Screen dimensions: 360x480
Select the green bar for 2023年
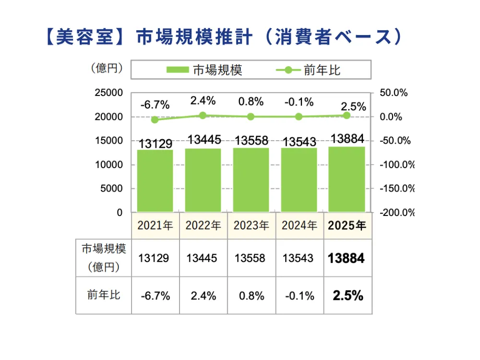(251, 180)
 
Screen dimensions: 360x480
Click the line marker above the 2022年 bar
(203, 115)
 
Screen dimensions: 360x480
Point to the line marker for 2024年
(299, 117)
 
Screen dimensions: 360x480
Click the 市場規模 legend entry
(204, 70)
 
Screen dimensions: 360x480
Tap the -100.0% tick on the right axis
(396, 165)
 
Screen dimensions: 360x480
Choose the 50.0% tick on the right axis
(394, 93)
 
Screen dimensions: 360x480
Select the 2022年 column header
(204, 226)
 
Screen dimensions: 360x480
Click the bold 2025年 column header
(347, 226)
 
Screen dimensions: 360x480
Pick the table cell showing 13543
(298, 258)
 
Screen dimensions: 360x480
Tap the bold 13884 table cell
(346, 258)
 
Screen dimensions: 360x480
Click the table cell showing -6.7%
(156, 296)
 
